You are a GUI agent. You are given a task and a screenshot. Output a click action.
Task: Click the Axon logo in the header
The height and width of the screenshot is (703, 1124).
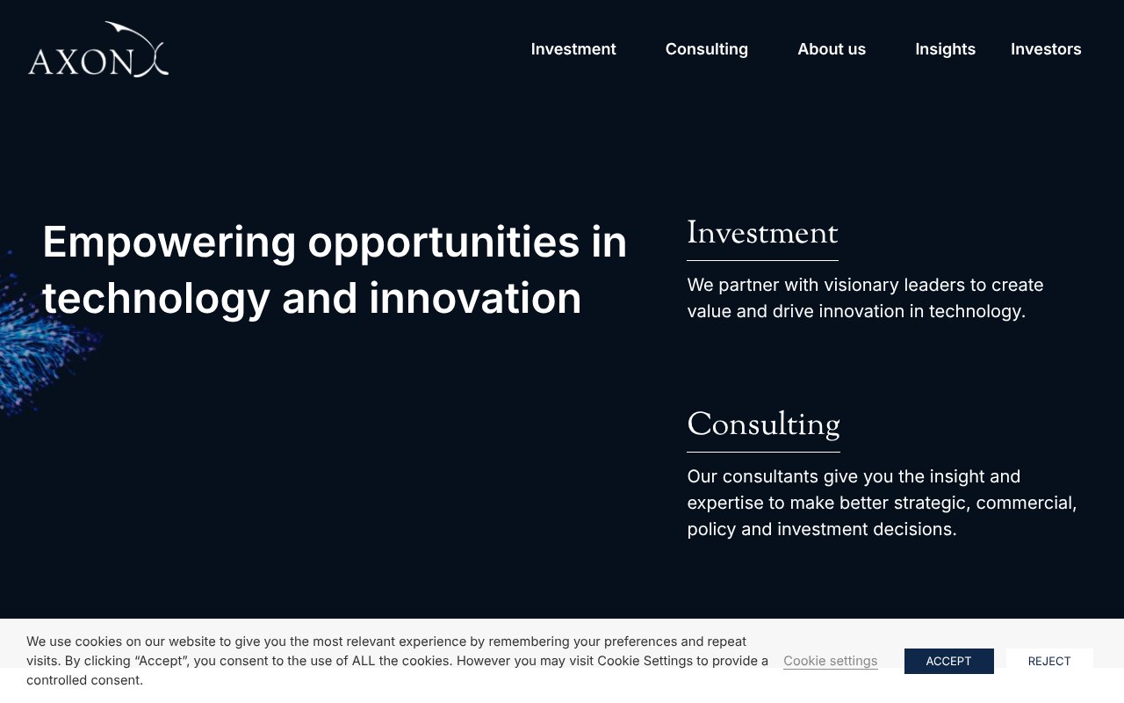tap(97, 51)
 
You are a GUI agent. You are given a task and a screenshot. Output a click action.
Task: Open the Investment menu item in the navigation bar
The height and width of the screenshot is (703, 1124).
tap(573, 49)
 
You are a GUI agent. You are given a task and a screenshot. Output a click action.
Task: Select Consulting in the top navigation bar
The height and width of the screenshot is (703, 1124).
tap(706, 49)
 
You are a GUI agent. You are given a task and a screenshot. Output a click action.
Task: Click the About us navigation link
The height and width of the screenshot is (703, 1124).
tap(831, 49)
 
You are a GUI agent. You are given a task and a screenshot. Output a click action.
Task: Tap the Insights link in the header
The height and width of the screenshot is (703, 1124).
tap(945, 49)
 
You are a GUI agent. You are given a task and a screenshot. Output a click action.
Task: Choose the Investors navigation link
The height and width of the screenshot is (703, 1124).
tap(1045, 49)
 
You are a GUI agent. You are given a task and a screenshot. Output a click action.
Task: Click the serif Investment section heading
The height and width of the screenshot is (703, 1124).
tap(762, 234)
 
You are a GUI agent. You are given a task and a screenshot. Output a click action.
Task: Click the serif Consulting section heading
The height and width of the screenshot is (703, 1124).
tap(763, 425)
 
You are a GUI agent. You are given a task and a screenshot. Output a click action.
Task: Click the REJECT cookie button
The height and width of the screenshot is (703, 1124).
tap(1048, 661)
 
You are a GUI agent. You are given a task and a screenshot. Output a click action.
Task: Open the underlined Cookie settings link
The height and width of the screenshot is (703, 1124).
tap(830, 661)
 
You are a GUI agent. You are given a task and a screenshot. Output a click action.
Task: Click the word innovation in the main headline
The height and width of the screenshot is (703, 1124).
tap(475, 299)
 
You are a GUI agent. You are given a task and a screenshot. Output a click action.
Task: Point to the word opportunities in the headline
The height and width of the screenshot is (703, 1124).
tap(443, 243)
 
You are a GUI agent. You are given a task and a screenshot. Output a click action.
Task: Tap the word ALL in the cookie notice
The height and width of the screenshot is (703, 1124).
tap(364, 661)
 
